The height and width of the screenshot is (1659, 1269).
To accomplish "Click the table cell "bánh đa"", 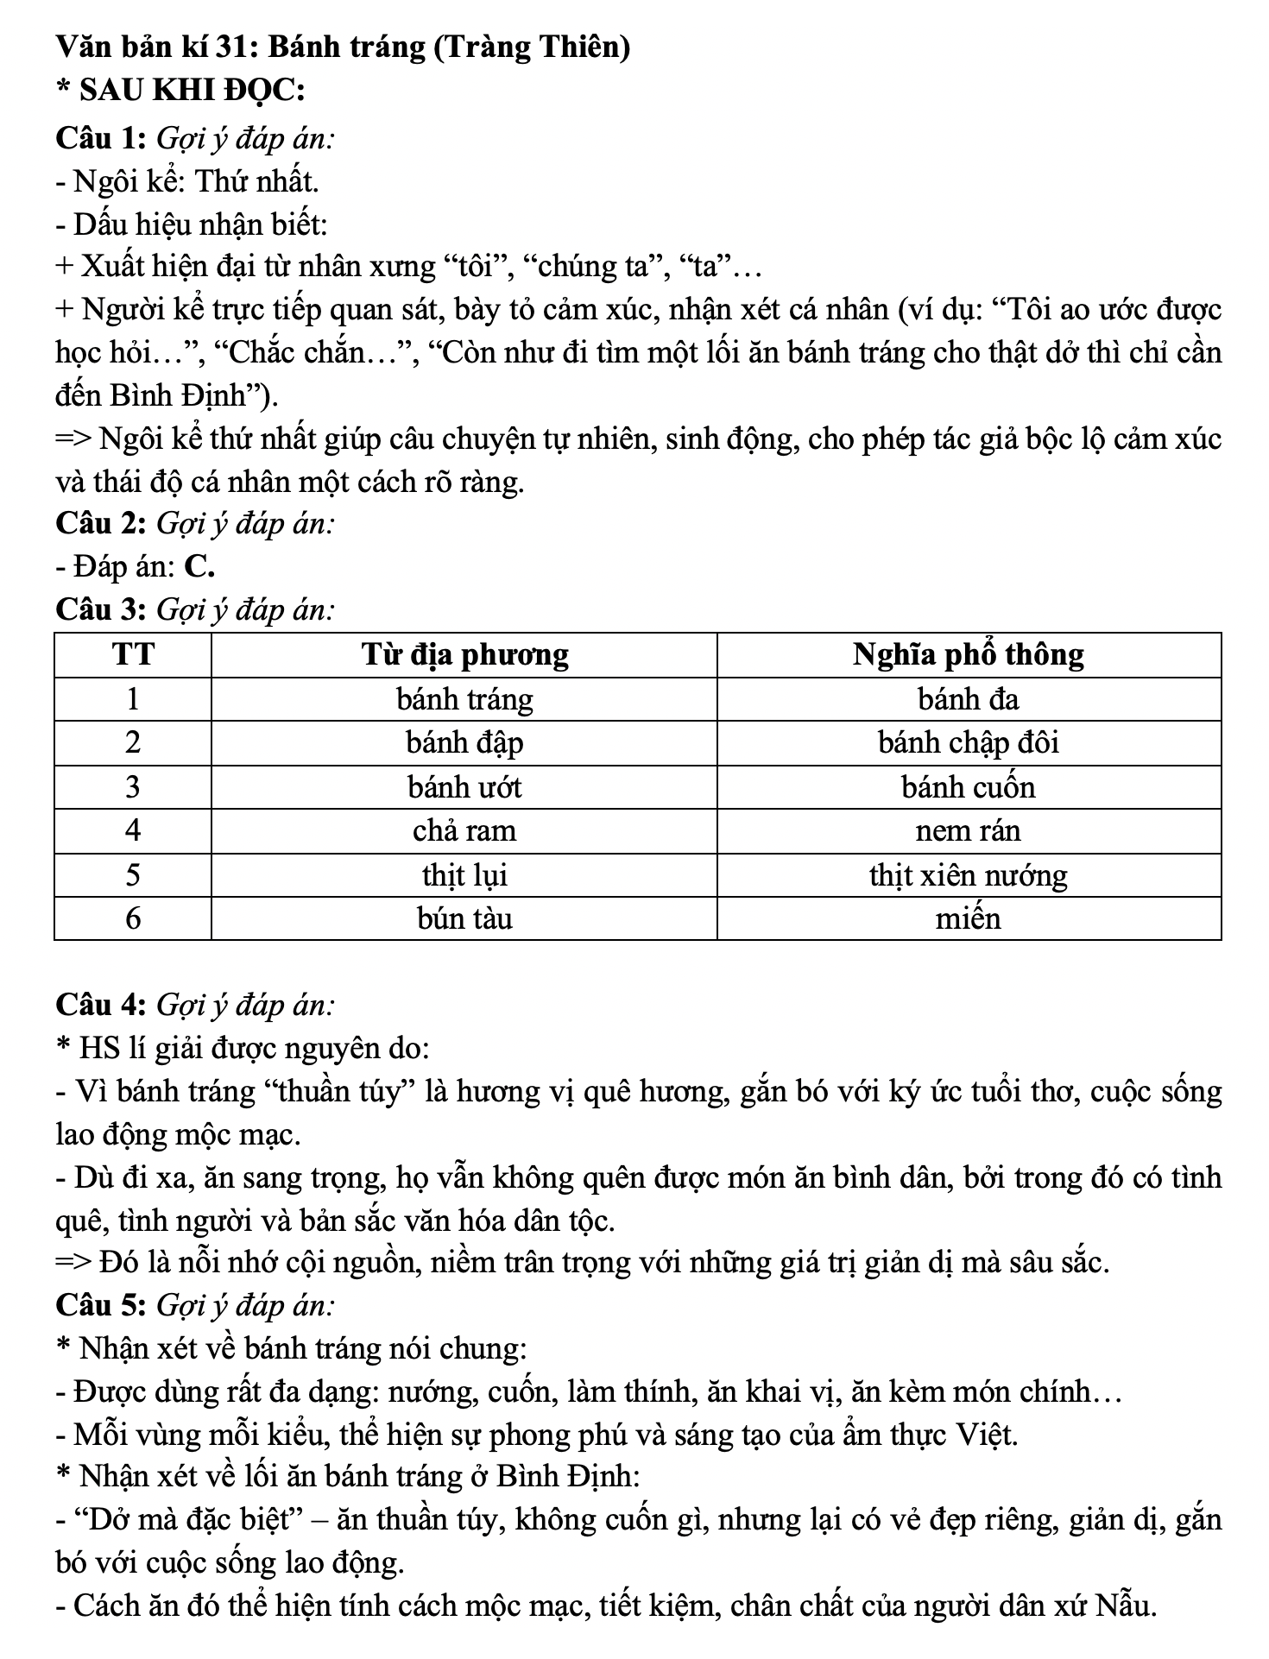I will (968, 699).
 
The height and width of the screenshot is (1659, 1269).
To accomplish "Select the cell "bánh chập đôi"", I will (968, 743).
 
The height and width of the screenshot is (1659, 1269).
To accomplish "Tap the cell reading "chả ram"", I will (464, 831).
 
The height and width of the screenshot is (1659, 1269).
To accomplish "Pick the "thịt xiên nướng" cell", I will (968, 876).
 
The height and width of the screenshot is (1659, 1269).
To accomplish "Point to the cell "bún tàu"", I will (464, 918).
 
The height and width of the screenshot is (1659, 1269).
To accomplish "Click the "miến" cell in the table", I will (968, 918).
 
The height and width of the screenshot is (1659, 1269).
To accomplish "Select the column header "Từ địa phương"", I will (464, 655).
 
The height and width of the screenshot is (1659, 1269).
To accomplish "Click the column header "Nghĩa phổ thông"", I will (968, 655).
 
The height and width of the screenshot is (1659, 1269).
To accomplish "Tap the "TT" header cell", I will (133, 655).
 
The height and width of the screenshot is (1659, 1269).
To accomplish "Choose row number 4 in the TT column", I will (133, 831).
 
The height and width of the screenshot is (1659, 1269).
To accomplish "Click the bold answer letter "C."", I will (199, 567).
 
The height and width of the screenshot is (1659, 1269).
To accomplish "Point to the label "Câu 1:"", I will (102, 138).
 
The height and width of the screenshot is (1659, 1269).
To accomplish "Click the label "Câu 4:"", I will (102, 1006).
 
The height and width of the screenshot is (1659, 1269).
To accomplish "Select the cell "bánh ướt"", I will (464, 787).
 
